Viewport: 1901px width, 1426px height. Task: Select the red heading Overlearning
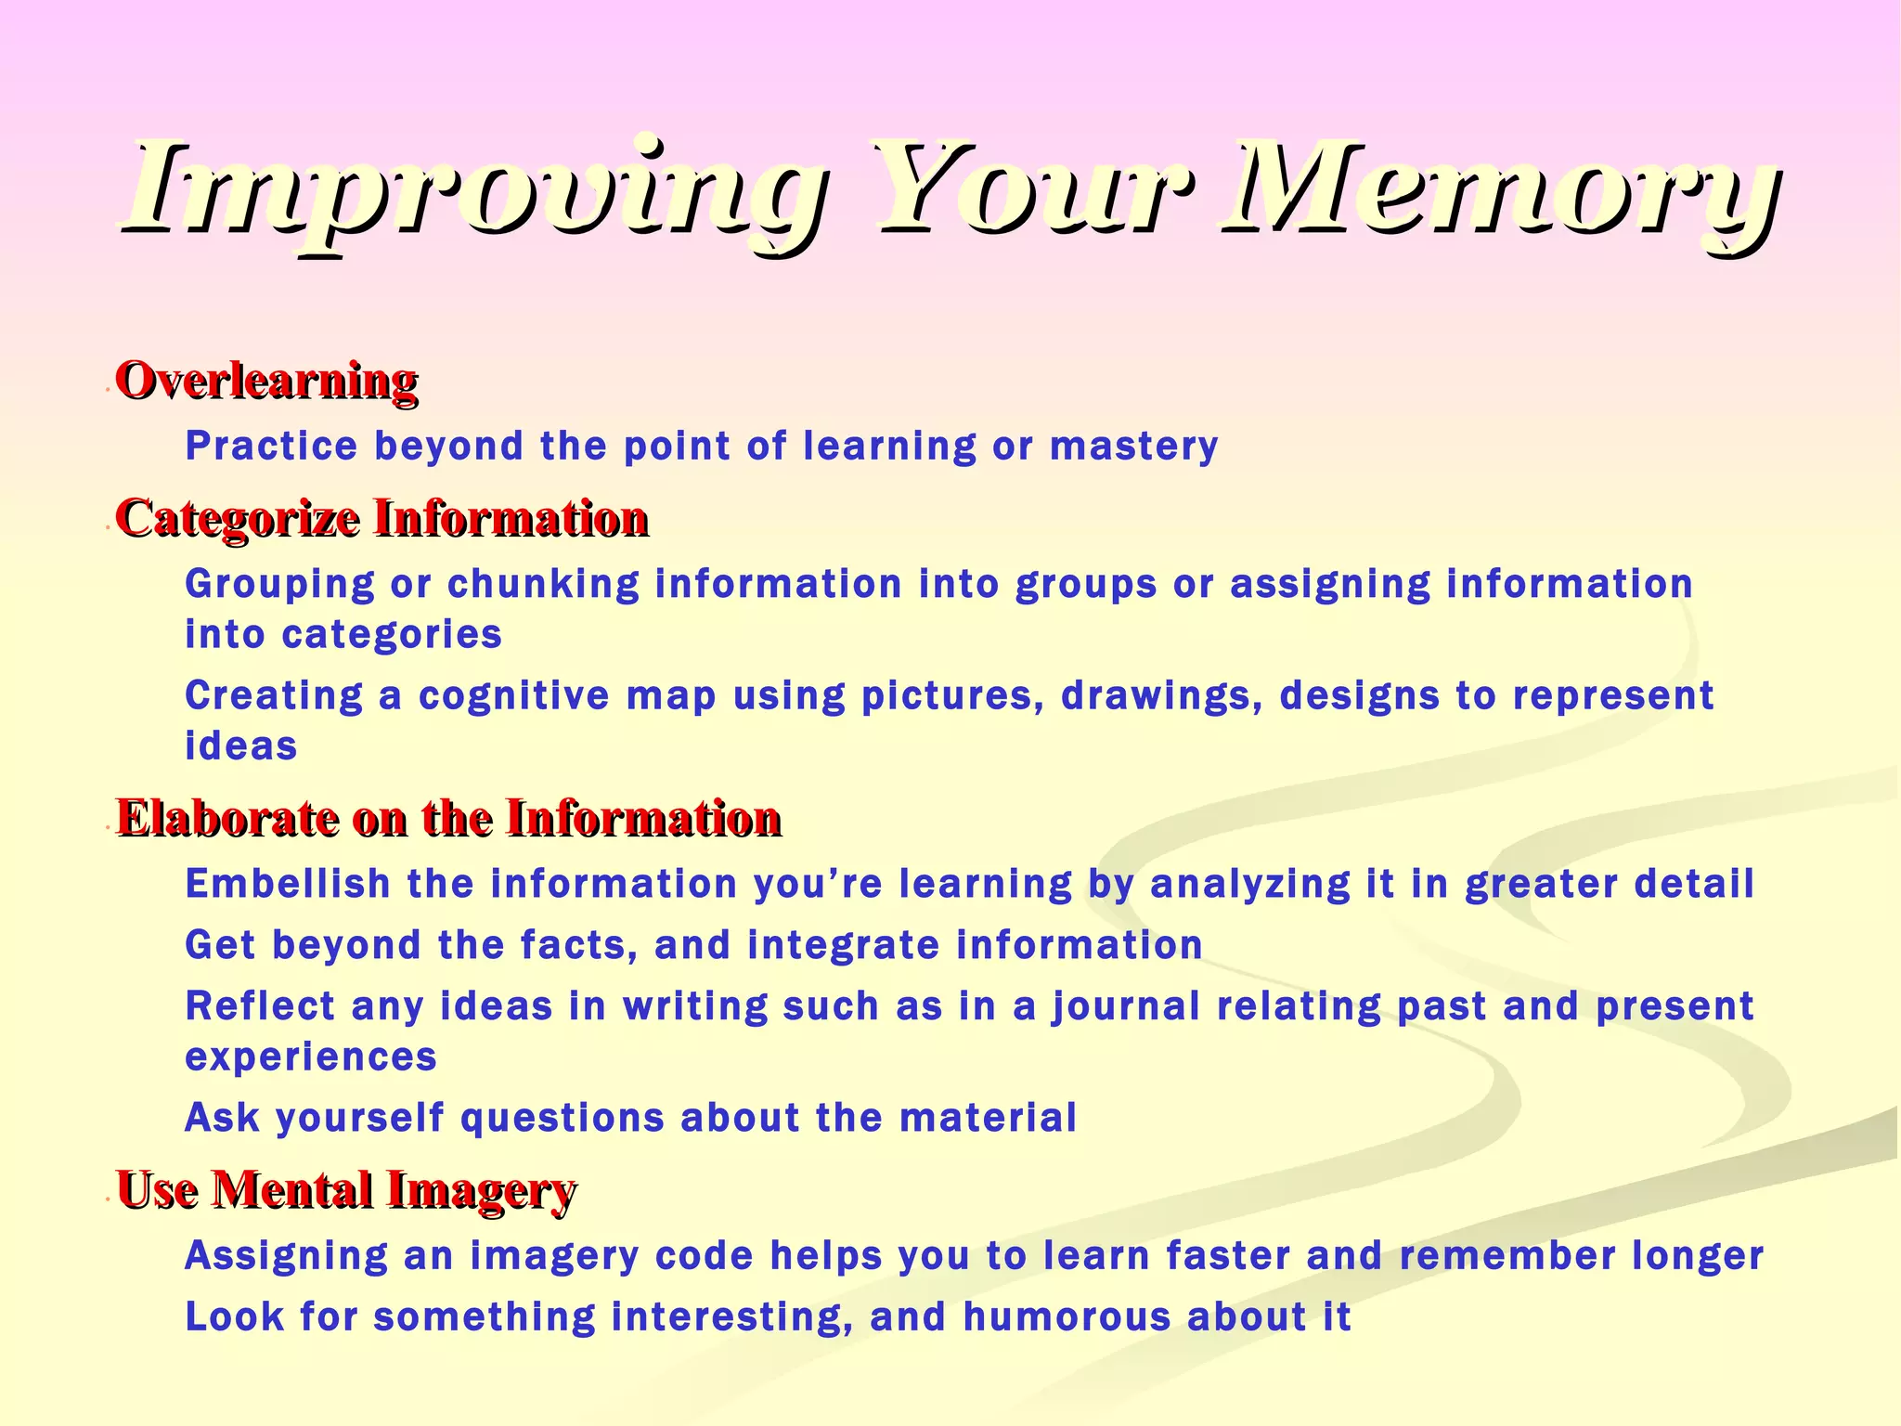tap(266, 381)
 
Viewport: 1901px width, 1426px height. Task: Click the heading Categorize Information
tap(381, 518)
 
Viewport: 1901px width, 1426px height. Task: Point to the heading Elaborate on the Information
tap(448, 819)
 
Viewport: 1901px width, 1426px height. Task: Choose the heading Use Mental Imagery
tap(345, 1190)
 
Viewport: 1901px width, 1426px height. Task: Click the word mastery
tap(1133, 447)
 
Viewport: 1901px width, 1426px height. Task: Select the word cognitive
tap(513, 696)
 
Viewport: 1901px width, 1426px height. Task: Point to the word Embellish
tap(288, 884)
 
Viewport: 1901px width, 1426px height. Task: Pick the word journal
tap(1126, 1007)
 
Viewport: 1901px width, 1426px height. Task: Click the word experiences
tap(311, 1057)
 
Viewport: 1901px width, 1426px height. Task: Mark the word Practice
tap(271, 447)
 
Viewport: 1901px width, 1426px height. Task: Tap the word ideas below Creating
tap(241, 746)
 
